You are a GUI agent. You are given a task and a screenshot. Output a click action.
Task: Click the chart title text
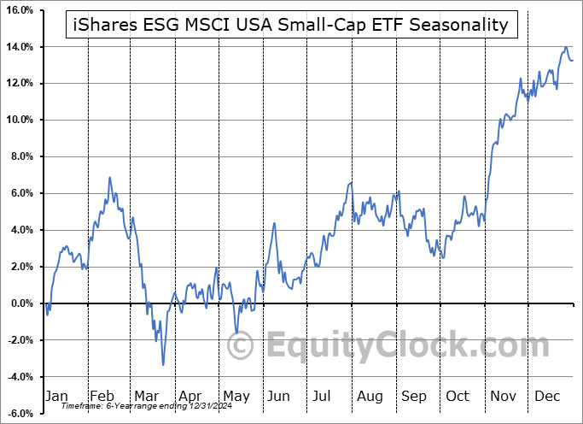click(291, 25)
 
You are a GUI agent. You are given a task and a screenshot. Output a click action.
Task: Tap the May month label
click(236, 396)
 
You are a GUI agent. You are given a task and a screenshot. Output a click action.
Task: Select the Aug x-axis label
click(370, 396)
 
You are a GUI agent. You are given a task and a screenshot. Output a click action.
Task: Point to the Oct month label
click(458, 396)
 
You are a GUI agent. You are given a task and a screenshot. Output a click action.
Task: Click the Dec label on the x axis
click(547, 396)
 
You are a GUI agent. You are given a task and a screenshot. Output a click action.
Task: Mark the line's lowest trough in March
click(163, 365)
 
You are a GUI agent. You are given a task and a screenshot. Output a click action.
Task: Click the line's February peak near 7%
click(110, 178)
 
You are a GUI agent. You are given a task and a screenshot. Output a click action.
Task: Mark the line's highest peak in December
click(565, 48)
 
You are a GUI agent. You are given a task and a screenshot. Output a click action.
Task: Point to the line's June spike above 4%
click(275, 224)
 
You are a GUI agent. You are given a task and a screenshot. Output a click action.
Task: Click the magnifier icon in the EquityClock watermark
click(242, 346)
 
